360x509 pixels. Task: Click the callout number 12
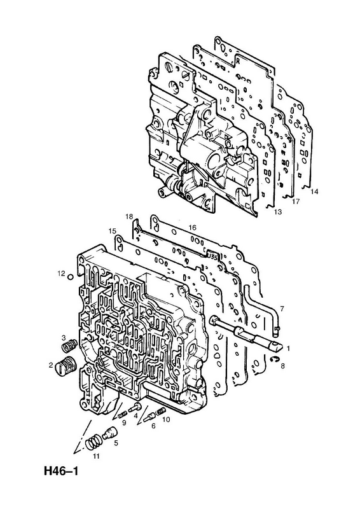pos(62,274)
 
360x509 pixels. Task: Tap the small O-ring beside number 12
pos(70,277)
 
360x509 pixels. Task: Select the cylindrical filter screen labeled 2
pos(66,367)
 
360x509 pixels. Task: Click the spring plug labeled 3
pos(69,345)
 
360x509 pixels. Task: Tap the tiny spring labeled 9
pos(122,414)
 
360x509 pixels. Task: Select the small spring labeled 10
pos(160,411)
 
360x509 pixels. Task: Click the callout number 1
pos(288,348)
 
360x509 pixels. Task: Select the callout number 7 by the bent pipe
pos(282,309)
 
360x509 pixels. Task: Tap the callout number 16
pos(193,228)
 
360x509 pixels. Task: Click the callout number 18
pos(130,216)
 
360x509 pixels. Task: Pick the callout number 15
pos(113,231)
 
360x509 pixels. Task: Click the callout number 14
pos(314,192)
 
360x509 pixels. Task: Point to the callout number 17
pos(295,202)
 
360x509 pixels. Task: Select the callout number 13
pos(278,212)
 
